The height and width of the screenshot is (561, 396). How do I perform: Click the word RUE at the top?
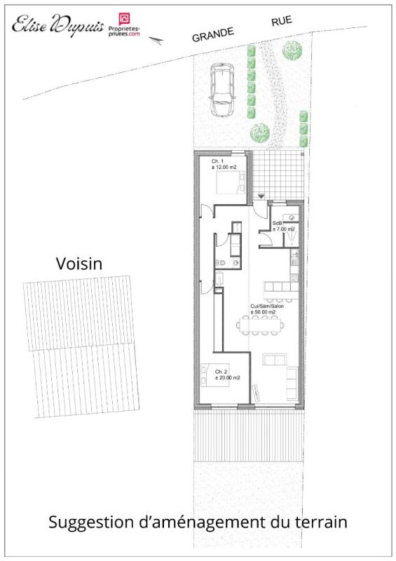tap(283, 22)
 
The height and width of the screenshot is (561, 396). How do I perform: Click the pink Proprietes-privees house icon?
tap(123, 18)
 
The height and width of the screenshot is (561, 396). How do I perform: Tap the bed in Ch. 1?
tap(230, 184)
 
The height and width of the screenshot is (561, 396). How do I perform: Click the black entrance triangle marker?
tap(261, 197)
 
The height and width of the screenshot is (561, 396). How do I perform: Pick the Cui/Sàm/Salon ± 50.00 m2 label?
tap(266, 309)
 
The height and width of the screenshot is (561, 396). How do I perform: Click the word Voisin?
tap(78, 264)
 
